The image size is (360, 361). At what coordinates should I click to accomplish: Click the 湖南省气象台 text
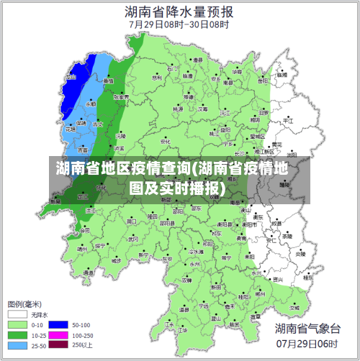click(x=307, y=329)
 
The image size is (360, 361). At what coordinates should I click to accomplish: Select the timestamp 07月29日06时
click(x=307, y=344)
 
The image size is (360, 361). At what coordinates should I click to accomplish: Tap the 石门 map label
click(x=171, y=69)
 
